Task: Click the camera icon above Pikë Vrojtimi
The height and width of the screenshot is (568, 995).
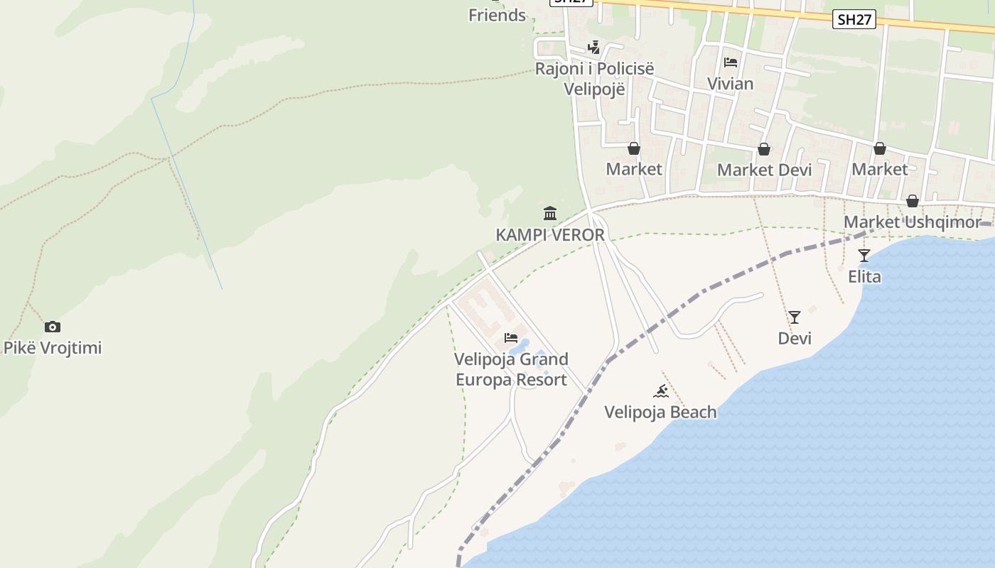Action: (52, 327)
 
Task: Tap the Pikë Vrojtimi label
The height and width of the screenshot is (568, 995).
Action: (53, 348)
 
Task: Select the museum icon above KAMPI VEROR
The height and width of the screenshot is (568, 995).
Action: (550, 213)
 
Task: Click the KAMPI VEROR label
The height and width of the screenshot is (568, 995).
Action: (550, 235)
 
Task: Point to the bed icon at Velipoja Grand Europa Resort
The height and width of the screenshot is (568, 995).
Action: (511, 338)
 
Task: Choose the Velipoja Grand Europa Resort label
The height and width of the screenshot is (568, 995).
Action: (511, 369)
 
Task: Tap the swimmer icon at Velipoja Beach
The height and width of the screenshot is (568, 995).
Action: (661, 391)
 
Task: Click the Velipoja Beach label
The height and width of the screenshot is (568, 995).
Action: (660, 412)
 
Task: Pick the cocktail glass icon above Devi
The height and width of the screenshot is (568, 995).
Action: (795, 317)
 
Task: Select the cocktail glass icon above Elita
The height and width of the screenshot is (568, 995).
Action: (864, 256)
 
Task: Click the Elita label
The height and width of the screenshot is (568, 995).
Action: (864, 276)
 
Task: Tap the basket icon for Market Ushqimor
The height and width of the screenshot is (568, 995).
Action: (913, 202)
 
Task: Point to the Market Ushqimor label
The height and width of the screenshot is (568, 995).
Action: (912, 222)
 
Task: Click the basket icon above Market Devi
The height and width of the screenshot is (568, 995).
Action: (764, 149)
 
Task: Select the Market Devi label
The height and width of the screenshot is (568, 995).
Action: (764, 170)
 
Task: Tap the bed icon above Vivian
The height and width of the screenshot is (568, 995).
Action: (731, 62)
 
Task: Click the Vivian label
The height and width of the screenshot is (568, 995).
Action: (730, 84)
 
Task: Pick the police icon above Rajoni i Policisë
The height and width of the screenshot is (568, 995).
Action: (594, 48)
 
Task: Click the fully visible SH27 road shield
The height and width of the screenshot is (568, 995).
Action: (854, 20)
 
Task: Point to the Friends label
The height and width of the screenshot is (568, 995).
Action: (497, 15)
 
